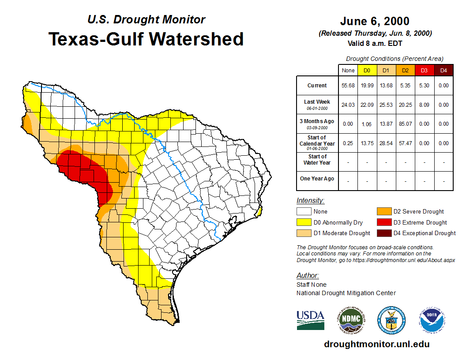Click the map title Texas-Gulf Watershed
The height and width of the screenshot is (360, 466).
point(146,39)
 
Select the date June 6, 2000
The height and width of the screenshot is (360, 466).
point(375,21)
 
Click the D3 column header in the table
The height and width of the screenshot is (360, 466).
point(424,70)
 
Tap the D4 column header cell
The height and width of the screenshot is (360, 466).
point(443,70)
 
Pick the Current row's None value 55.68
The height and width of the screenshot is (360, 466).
point(348,86)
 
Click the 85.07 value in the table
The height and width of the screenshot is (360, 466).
point(405,124)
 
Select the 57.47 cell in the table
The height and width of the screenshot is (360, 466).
point(405,143)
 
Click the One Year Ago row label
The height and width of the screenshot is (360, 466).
point(317,179)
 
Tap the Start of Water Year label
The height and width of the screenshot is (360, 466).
point(317,160)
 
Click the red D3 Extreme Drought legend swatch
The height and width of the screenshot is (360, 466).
point(383,222)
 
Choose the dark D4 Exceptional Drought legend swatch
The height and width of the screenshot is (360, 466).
point(383,233)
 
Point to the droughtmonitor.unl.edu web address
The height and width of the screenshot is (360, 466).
point(376,344)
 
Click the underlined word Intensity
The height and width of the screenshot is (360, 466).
point(310,201)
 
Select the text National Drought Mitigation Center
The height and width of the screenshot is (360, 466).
point(346,293)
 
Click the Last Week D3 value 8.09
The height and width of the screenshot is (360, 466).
point(424,105)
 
